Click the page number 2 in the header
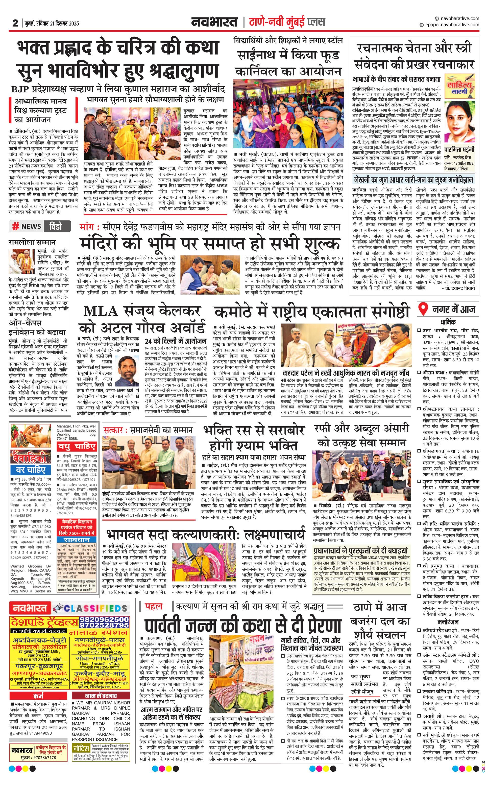tap(15, 23)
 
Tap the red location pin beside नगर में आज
tap(423, 308)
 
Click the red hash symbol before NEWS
tap(15, 227)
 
